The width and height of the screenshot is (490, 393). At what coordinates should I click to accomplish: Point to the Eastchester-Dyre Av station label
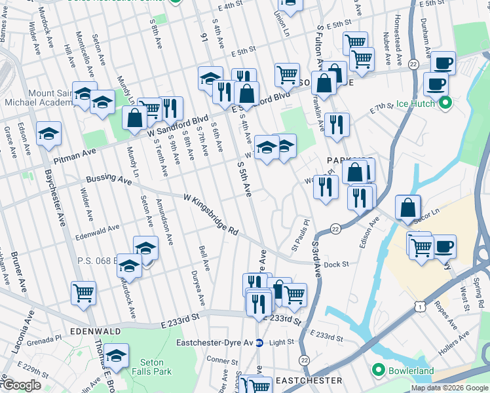tap(216, 342)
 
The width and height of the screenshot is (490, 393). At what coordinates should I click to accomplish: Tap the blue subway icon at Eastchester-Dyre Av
tap(259, 342)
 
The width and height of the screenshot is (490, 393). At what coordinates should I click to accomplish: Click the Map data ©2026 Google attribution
tap(449, 388)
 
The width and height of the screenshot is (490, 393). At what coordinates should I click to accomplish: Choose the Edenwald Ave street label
tap(97, 228)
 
